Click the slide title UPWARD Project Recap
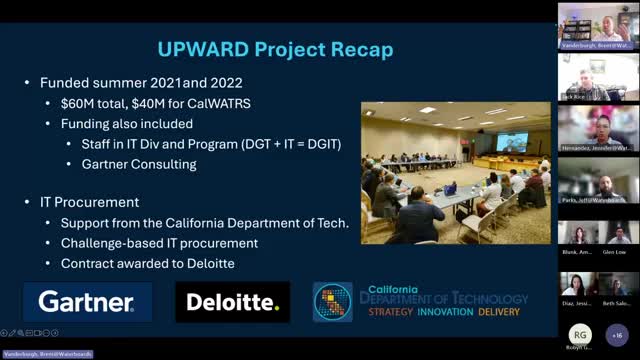(276, 49)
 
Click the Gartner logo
(86, 301)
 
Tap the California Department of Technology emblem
(332, 301)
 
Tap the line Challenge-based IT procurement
(159, 242)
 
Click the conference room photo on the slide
(455, 172)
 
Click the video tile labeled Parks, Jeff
(597, 180)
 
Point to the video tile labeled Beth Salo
(618, 285)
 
